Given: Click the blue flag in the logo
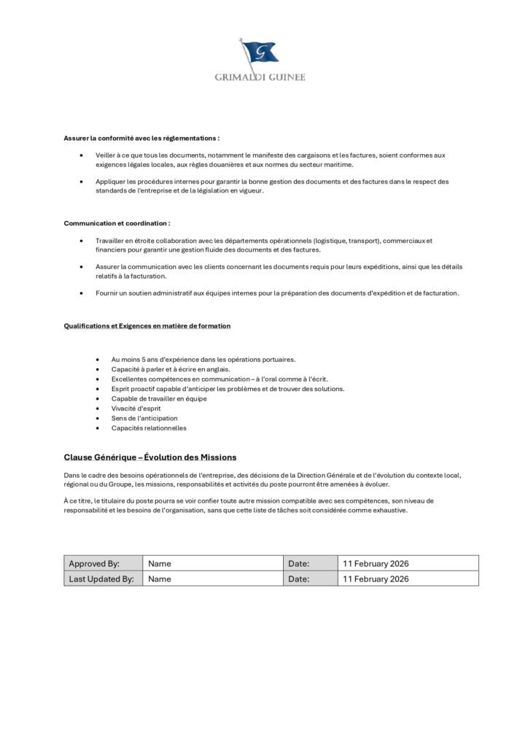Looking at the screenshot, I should (260, 52).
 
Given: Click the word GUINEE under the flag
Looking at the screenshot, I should (284, 77).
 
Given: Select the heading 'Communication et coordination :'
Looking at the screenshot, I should (117, 222).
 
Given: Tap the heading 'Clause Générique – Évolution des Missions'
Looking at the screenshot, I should (150, 457).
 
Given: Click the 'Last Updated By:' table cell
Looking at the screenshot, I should (101, 578).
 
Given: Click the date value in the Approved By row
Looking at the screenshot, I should (375, 563).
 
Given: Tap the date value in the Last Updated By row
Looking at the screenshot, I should (375, 578).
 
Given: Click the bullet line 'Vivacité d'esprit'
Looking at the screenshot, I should (136, 409).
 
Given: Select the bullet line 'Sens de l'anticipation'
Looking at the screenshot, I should (144, 419).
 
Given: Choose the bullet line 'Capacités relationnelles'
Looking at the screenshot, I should (149, 428).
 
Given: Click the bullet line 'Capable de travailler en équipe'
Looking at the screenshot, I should (159, 399).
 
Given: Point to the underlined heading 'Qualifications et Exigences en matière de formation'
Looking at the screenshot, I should (147, 326).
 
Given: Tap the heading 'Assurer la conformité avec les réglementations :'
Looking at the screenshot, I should (141, 137).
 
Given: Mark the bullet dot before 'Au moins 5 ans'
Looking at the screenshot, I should (97, 360).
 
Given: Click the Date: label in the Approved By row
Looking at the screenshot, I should (299, 563).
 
